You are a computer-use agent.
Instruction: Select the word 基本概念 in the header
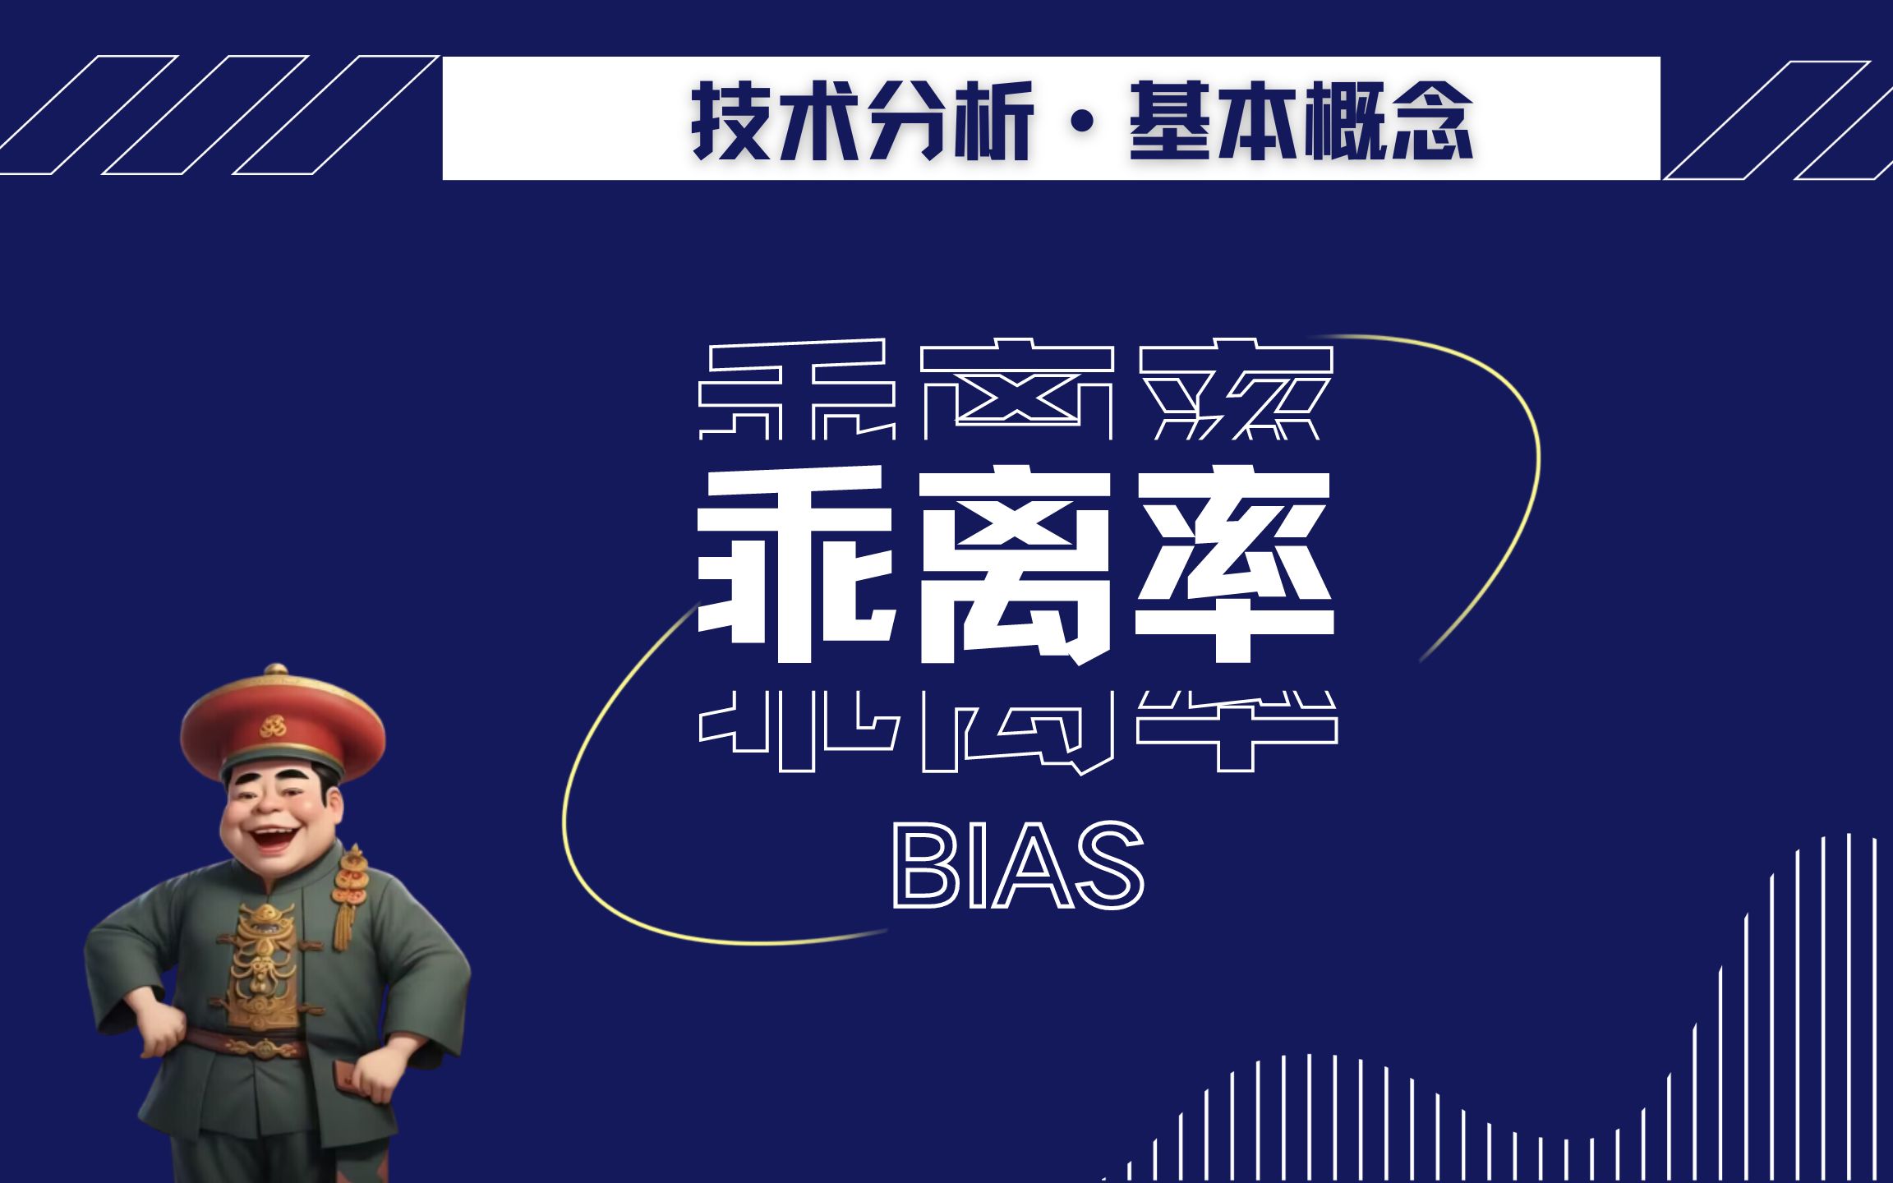(x=1301, y=122)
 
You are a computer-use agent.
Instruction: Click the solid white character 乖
(x=795, y=564)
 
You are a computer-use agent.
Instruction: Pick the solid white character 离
(x=1016, y=564)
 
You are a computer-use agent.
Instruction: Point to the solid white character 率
(x=1234, y=564)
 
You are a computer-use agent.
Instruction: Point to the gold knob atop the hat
(x=276, y=670)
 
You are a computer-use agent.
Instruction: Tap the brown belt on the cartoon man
(x=246, y=1045)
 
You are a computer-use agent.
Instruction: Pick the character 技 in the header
(x=730, y=122)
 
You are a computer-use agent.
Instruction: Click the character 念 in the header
(x=1432, y=122)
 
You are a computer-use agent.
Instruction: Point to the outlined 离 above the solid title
(x=1016, y=390)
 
